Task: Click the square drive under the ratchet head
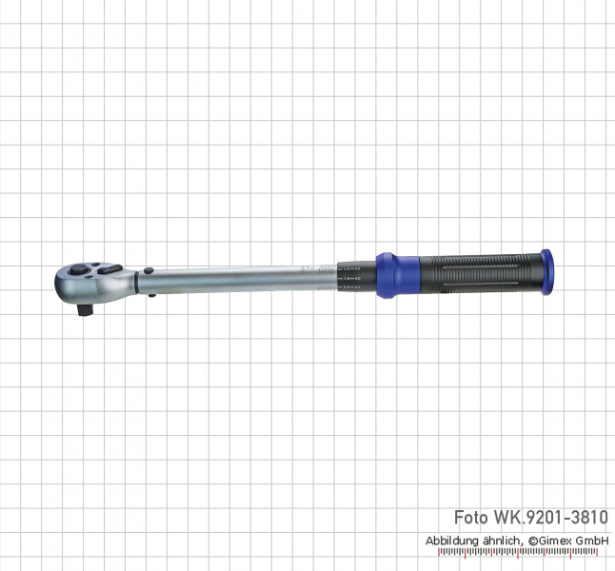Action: tap(86, 308)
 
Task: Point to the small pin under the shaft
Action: tap(152, 295)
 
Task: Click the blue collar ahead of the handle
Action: tap(387, 274)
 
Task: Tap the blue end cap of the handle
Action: tap(546, 272)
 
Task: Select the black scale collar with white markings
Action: tap(357, 274)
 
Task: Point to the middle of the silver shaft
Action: tap(238, 279)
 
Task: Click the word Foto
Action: tap(472, 519)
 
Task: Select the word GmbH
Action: tap(596, 540)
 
